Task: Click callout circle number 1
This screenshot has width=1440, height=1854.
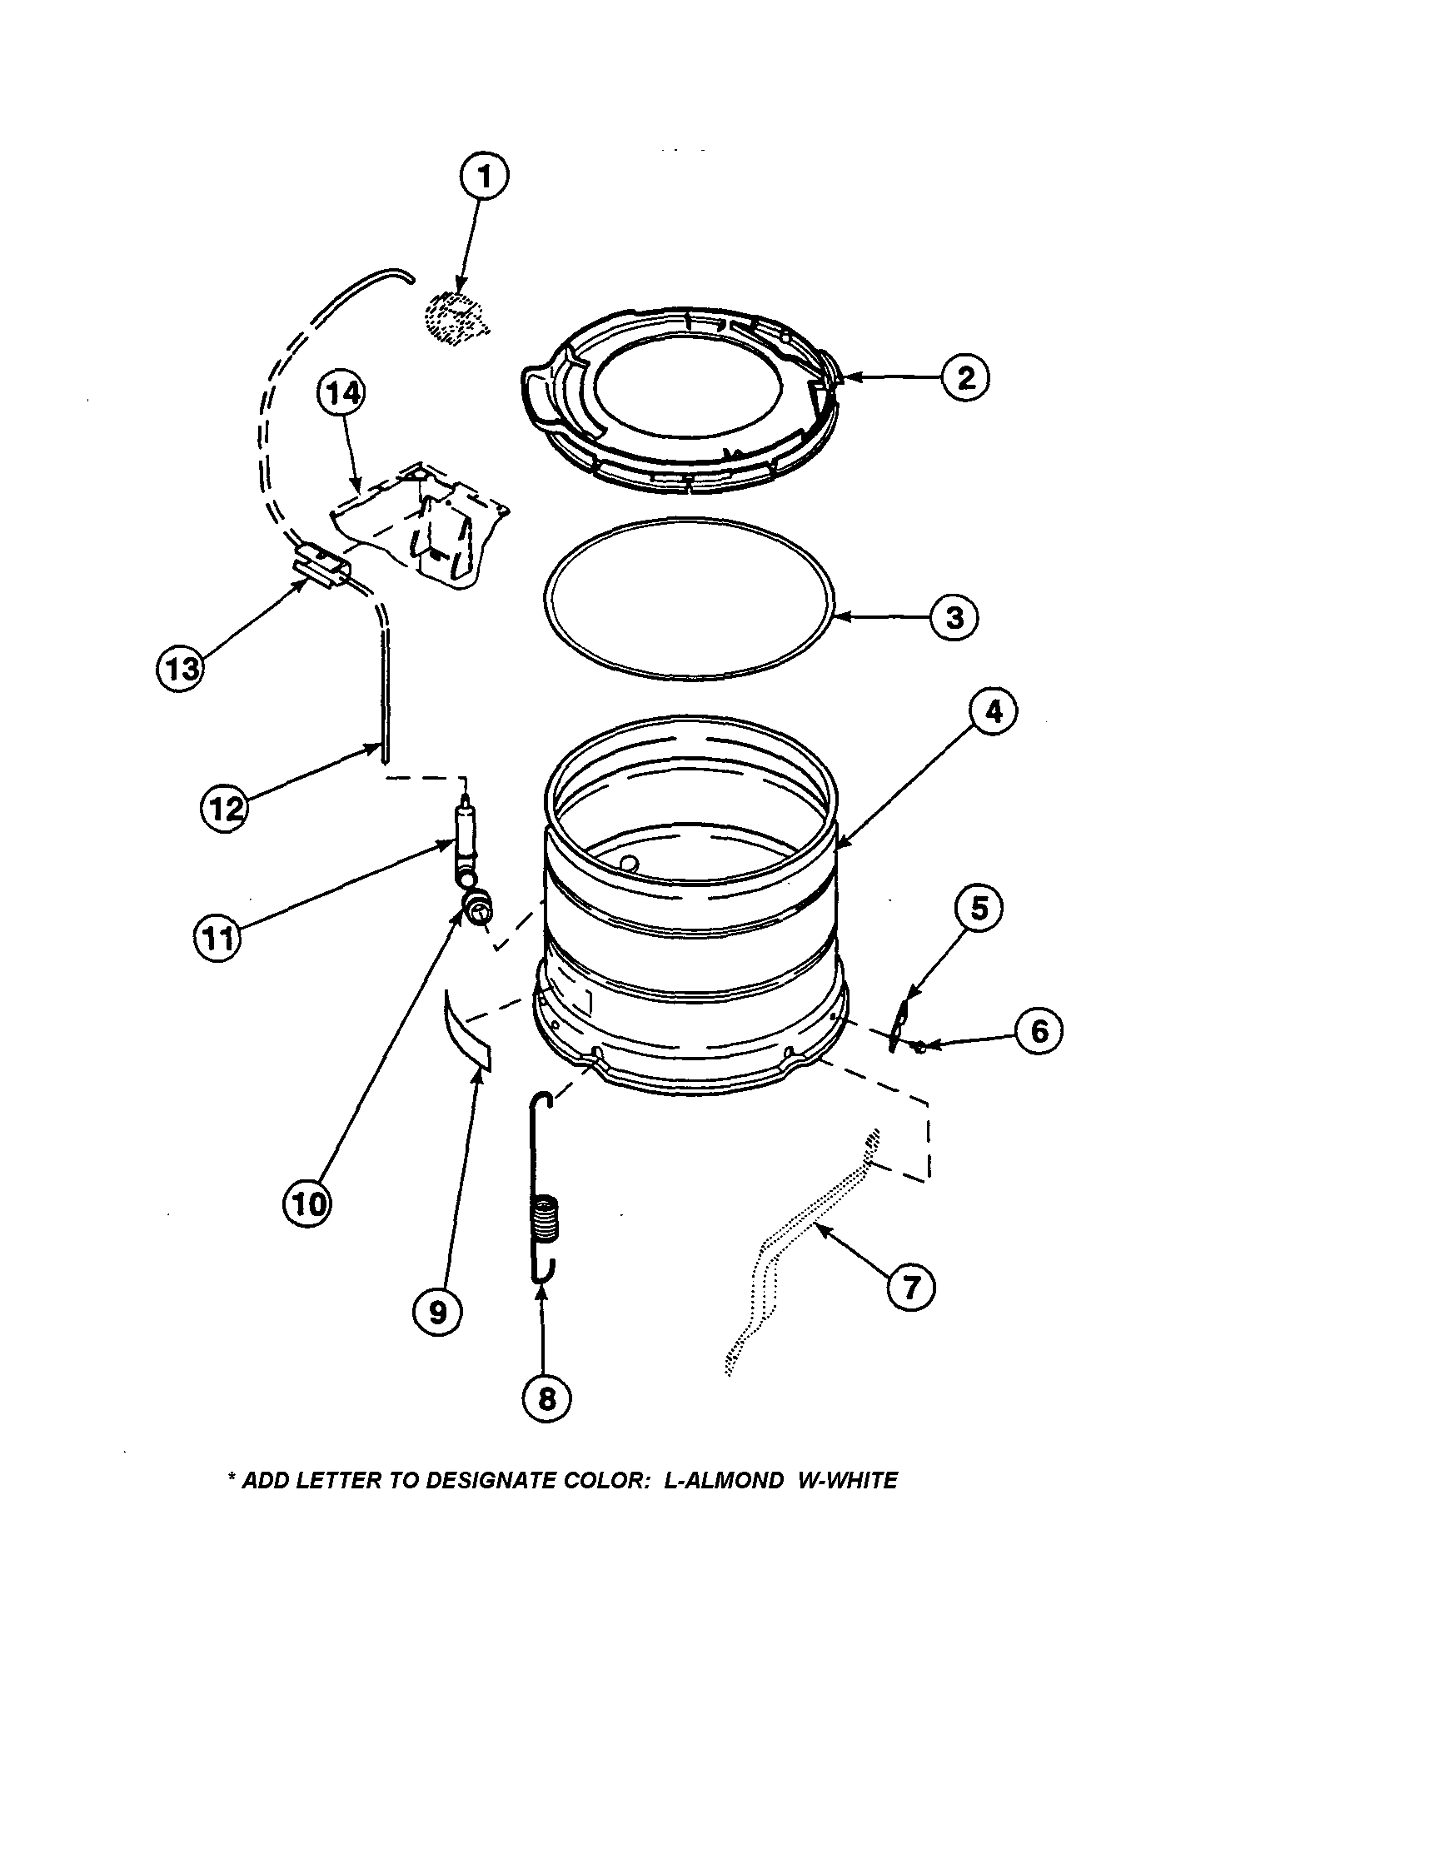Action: click(484, 177)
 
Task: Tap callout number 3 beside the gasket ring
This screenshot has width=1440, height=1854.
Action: click(954, 617)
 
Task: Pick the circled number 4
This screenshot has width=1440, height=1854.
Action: click(994, 711)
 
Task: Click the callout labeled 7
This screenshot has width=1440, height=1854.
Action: click(910, 1288)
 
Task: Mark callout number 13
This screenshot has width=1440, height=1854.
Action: click(179, 668)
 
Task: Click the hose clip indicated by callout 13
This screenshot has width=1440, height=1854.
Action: click(321, 566)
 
